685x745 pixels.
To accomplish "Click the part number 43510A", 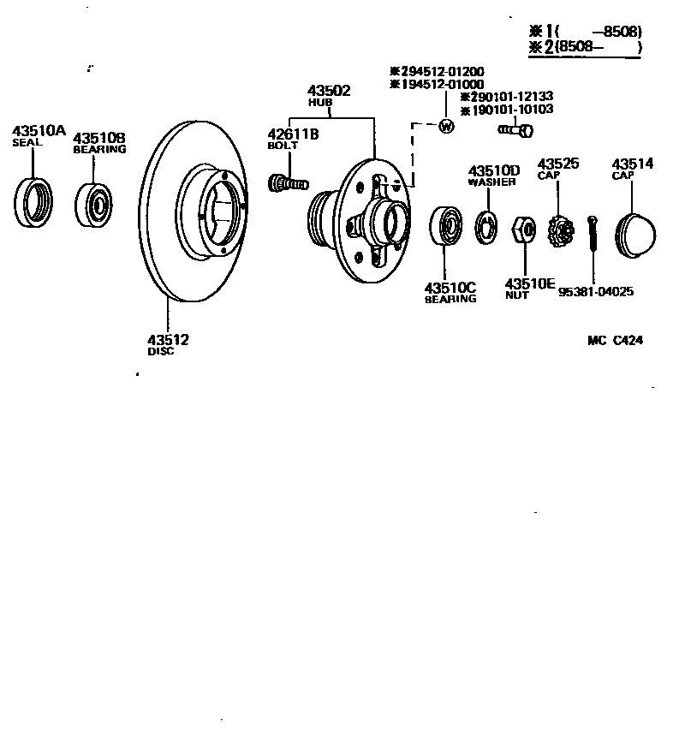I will click(39, 130).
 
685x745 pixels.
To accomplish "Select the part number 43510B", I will click(98, 137).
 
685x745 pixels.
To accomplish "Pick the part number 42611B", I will click(293, 134).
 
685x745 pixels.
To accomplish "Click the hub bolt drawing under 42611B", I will click(288, 182).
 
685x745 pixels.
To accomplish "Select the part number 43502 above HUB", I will click(330, 91).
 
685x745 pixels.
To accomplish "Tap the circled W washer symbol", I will click(445, 127).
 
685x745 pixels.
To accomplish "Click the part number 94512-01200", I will click(441, 71).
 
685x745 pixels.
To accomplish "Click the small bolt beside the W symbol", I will click(515, 130).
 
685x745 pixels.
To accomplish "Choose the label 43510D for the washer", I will click(493, 170).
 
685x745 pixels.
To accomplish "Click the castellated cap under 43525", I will click(558, 230).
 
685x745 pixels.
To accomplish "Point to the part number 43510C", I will click(450, 288).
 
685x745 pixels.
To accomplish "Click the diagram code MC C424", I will click(615, 340).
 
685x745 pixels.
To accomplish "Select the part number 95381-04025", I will click(596, 291).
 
